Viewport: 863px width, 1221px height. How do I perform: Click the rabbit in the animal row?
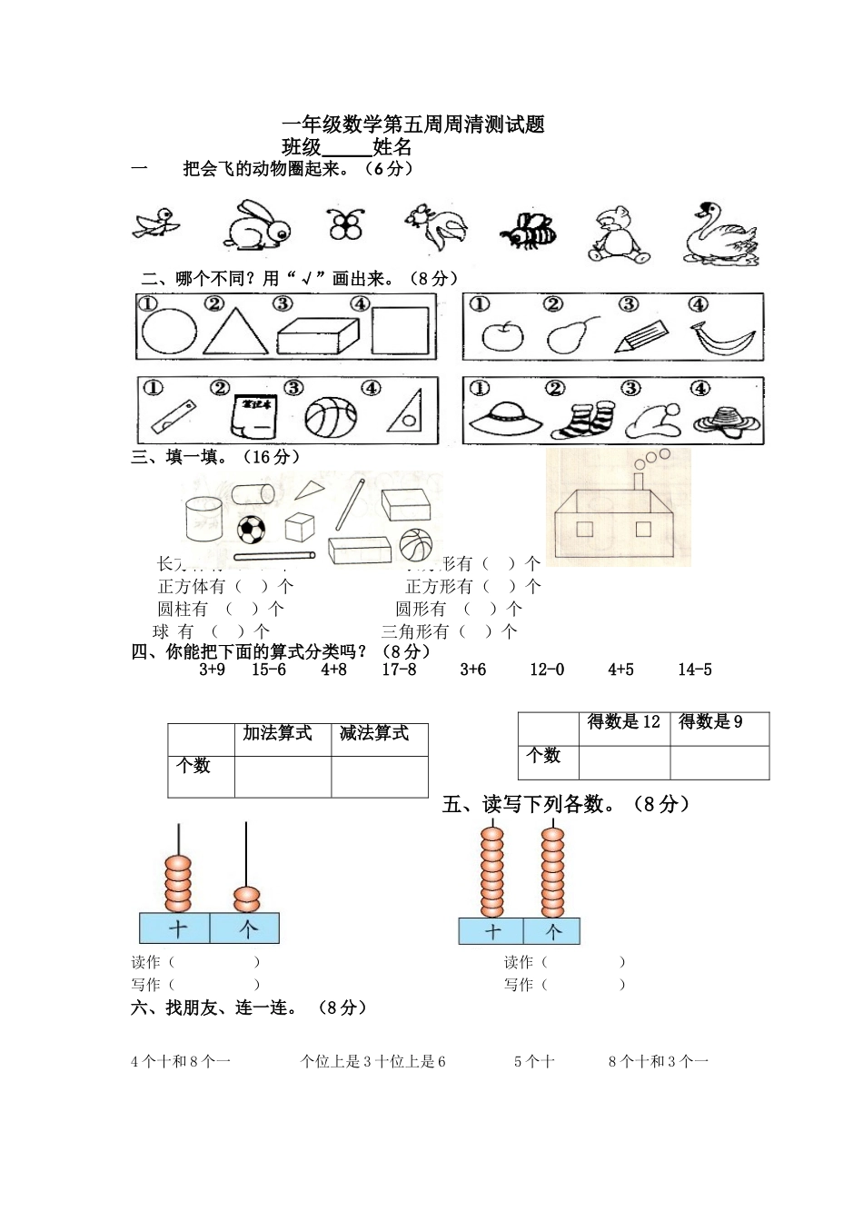256,226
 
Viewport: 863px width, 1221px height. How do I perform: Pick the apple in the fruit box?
502,336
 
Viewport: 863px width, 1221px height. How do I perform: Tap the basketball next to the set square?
331,417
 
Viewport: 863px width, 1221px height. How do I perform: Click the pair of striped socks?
577,420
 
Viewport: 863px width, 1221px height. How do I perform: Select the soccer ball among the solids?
252,529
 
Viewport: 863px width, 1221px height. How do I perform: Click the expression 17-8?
399,670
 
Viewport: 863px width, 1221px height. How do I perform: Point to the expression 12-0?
547,670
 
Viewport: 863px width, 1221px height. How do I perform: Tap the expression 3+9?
212,670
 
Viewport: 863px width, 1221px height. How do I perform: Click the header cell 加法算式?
277,733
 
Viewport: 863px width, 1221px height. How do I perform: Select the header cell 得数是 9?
710,722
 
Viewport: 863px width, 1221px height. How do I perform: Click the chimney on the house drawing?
639,481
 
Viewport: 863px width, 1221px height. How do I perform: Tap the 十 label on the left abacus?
176,928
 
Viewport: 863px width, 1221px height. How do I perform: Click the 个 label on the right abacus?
552,931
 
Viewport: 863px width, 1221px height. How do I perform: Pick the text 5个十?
534,1061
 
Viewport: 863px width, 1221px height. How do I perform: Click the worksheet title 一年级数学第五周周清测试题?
413,124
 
